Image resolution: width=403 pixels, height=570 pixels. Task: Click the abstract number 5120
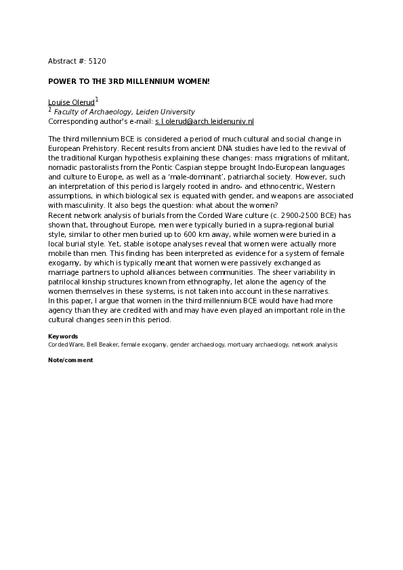[x=97, y=61]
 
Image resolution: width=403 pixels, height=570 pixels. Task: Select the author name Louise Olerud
[x=71, y=102]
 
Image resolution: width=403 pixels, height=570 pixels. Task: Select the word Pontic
[x=189, y=167]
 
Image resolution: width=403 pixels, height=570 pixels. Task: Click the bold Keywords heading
[x=63, y=336]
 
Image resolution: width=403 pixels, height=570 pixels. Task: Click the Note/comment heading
[x=70, y=360]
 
